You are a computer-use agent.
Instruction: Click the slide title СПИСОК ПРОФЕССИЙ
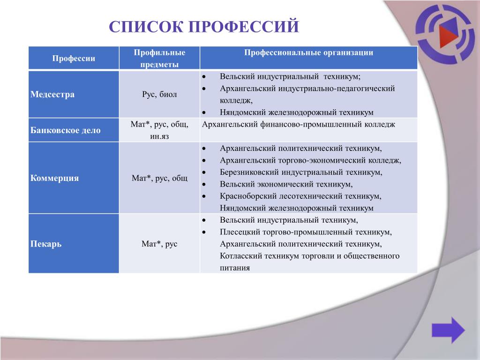pos(204,27)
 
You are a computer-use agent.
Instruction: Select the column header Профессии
pos(74,58)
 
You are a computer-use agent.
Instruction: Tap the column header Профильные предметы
pos(159,58)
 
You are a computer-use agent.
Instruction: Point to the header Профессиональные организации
pos(308,52)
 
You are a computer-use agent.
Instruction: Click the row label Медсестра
pos(52,94)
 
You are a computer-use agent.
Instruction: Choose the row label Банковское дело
pos(66,130)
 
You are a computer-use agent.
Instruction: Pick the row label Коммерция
pos(54,178)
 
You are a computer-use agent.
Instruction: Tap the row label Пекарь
pos(46,244)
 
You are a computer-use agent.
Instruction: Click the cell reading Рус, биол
pos(159,94)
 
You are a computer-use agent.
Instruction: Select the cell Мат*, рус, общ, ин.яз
pos(159,130)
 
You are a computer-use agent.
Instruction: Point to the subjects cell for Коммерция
pos(159,178)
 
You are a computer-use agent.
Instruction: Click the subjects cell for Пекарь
pos(159,244)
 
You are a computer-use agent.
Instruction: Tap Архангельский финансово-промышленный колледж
pos(299,124)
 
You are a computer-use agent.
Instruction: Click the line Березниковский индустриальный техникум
pos(301,172)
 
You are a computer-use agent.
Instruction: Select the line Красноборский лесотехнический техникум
pos(300,196)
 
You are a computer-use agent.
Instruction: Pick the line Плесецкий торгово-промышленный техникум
pos(306,232)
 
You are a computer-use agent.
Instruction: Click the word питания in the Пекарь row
pos(235,268)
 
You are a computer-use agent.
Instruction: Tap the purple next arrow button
pos(449,330)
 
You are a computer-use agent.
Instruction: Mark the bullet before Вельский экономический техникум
pos(204,185)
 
